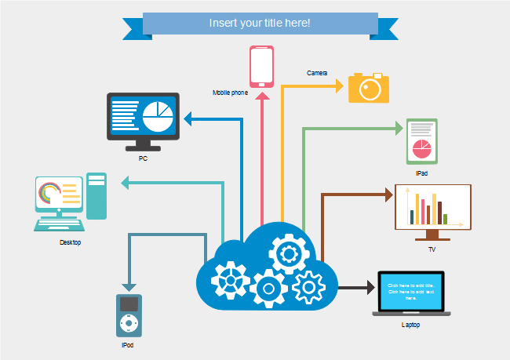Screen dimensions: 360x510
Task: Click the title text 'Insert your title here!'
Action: point(260,23)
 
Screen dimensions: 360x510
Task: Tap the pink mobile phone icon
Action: point(261,66)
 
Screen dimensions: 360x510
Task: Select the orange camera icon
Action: point(369,88)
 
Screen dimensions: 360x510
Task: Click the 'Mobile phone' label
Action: point(230,93)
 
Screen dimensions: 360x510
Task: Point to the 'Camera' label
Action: point(317,73)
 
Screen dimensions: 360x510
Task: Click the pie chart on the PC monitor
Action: point(158,115)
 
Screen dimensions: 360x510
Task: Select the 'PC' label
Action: point(143,158)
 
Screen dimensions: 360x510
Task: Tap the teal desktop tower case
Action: point(97,196)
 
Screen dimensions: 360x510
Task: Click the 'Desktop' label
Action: point(71,242)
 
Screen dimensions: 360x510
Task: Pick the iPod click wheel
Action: point(129,322)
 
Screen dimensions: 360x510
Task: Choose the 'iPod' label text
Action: point(128,345)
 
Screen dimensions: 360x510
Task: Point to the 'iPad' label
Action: point(422,173)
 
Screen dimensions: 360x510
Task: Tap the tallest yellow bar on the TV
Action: point(417,209)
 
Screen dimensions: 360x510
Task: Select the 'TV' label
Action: point(432,250)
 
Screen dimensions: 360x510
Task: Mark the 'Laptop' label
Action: point(411,324)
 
